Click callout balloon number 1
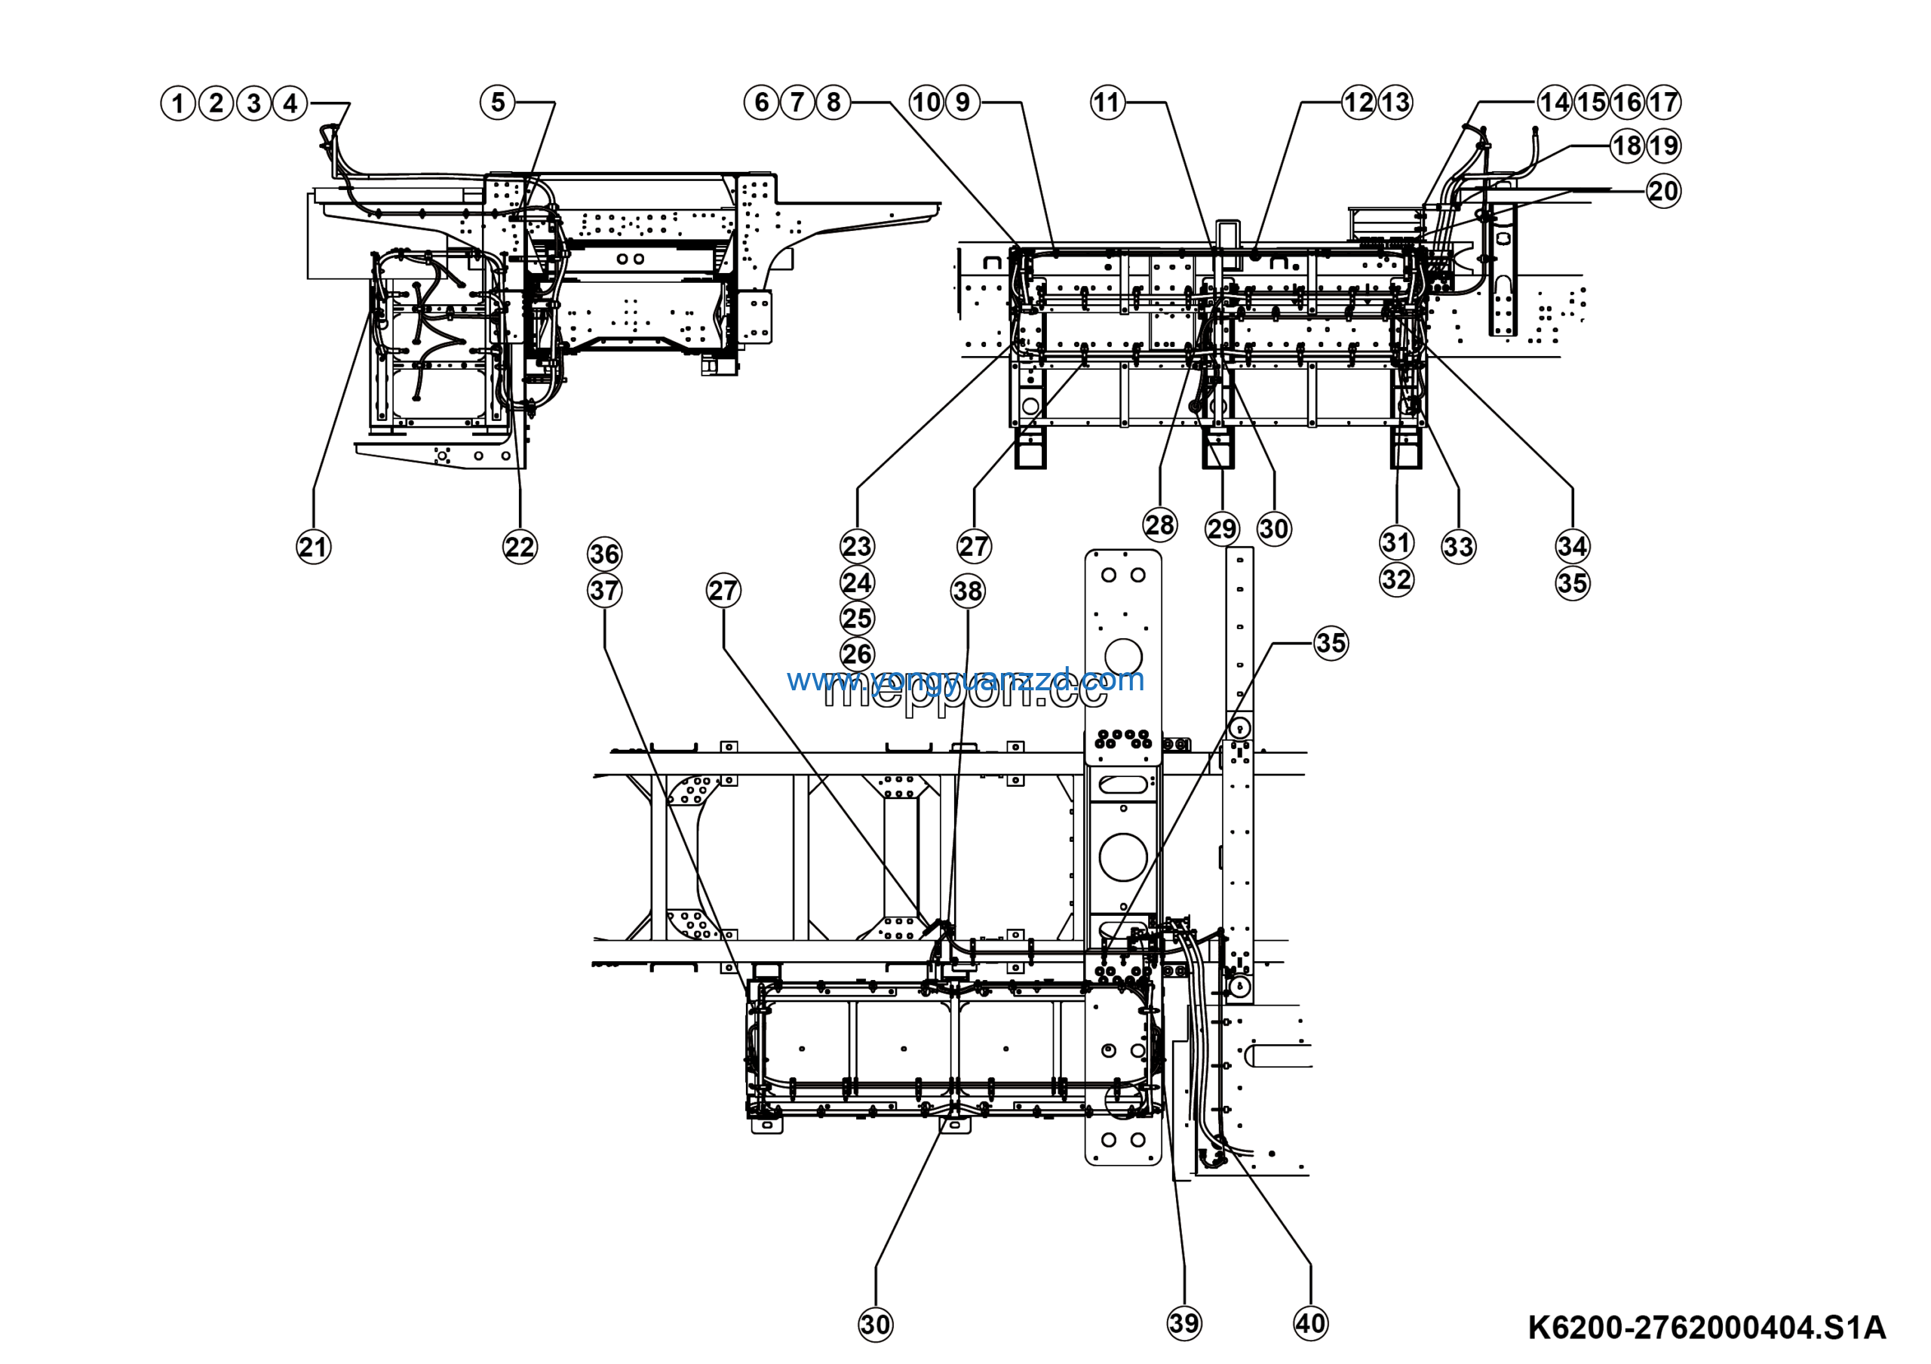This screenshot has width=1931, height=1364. coord(177,103)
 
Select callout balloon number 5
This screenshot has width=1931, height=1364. coord(497,103)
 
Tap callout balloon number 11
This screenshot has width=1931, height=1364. coord(1107,103)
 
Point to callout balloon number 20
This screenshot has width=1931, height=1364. coord(1662,191)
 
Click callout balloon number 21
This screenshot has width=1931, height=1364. coord(313,548)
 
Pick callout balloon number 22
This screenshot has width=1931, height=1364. coord(519,548)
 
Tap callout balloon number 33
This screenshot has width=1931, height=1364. coord(1457,548)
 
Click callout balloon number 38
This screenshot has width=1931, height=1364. coord(967,591)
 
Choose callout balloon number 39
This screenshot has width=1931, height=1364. coord(1184,1323)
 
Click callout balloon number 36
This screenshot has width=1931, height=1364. coord(604,555)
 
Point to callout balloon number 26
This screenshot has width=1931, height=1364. coord(857,654)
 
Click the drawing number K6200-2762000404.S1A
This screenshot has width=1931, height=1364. coord(1706,1328)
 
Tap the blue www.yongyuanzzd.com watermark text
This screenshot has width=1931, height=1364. coord(965,680)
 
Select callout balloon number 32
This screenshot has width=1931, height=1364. coord(1396,579)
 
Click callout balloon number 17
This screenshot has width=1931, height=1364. coord(1662,103)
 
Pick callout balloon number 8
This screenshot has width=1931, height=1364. coord(833,103)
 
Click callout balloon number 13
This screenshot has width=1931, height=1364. coord(1395,103)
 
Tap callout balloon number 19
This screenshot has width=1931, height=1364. coord(1662,146)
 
